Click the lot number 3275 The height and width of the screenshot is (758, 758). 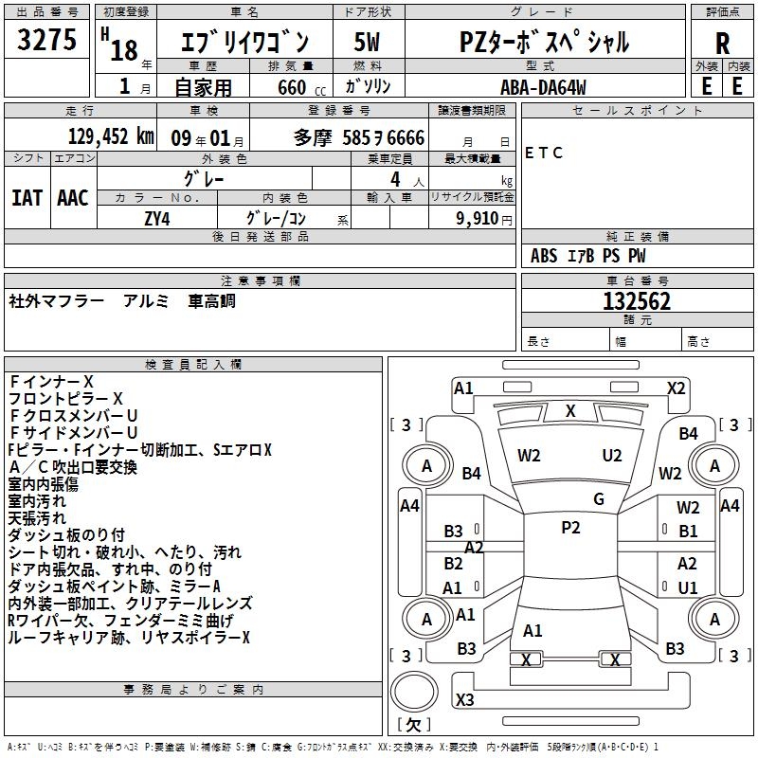tap(46, 42)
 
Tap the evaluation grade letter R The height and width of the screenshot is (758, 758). tap(723, 43)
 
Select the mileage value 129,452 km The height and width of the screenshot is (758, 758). tap(111, 137)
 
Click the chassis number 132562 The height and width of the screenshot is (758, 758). tap(637, 301)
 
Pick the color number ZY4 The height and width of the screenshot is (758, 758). tap(157, 217)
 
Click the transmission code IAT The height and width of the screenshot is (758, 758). tap(27, 198)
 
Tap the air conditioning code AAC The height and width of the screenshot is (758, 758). tap(73, 198)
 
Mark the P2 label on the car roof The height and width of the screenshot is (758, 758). tap(570, 528)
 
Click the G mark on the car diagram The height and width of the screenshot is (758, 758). tap(599, 499)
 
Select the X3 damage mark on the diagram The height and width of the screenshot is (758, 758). tap(464, 699)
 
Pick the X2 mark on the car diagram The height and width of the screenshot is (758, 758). tap(676, 388)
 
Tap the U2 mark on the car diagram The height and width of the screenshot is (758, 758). tap(612, 455)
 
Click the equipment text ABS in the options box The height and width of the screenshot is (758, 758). tap(544, 256)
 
